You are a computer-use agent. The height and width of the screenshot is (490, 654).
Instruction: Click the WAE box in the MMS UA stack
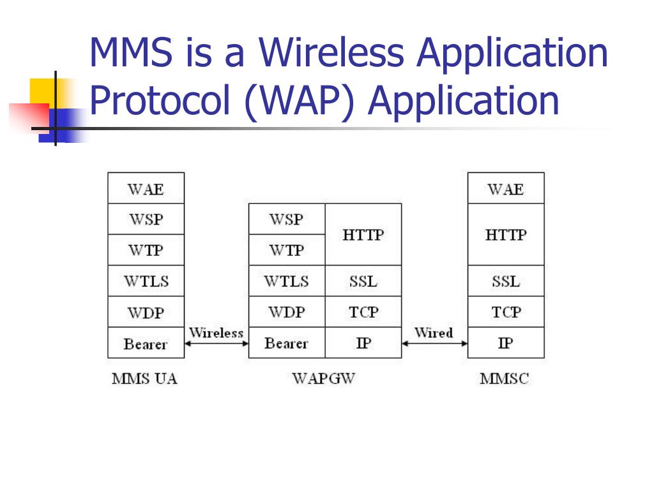[146, 188]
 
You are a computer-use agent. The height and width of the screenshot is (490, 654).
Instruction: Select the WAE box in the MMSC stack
[506, 188]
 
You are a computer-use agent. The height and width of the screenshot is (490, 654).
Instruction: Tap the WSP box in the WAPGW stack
[287, 219]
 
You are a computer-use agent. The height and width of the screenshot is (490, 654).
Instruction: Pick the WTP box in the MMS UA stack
[146, 250]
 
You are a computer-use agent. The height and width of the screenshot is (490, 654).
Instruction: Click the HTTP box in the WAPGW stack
[363, 234]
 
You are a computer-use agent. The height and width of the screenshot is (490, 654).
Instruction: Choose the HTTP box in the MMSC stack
[506, 234]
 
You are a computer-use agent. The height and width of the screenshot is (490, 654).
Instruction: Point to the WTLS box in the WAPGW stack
[287, 281]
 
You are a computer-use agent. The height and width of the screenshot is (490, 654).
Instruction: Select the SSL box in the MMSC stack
[506, 281]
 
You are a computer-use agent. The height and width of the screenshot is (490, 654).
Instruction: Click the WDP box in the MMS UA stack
[146, 312]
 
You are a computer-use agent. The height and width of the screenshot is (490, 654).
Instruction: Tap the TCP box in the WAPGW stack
[363, 312]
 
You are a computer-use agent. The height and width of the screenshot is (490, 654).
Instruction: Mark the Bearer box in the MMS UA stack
[146, 343]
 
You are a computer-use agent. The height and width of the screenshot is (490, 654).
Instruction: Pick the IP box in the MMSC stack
[506, 343]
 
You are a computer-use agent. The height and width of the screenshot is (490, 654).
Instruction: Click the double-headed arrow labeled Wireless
[217, 344]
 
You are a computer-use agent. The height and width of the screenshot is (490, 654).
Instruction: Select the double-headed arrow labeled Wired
[434, 344]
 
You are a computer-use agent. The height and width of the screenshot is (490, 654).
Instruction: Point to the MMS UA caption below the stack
[144, 378]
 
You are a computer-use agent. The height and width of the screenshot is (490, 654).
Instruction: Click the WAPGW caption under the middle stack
[323, 378]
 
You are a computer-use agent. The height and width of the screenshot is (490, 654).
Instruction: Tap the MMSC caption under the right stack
[505, 378]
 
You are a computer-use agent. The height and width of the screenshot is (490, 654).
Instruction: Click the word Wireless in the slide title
[331, 53]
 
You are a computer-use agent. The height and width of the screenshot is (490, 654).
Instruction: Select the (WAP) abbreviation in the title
[299, 101]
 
